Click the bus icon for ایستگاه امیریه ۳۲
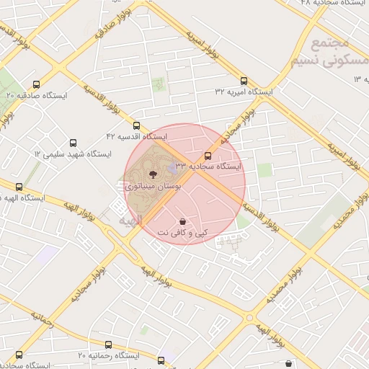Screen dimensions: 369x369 [243, 81]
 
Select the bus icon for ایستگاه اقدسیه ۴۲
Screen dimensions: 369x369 [137, 125]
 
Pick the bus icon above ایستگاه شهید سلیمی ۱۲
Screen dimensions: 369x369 [72, 143]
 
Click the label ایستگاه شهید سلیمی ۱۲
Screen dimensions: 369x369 [72, 154]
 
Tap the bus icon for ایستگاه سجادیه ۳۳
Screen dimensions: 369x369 [208, 156]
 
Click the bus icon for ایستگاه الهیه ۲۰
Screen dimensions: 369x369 [19, 187]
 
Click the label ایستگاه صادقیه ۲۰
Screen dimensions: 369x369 [36, 94]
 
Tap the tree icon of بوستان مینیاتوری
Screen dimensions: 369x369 [152, 174]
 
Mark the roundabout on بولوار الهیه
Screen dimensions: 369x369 [249, 317]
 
